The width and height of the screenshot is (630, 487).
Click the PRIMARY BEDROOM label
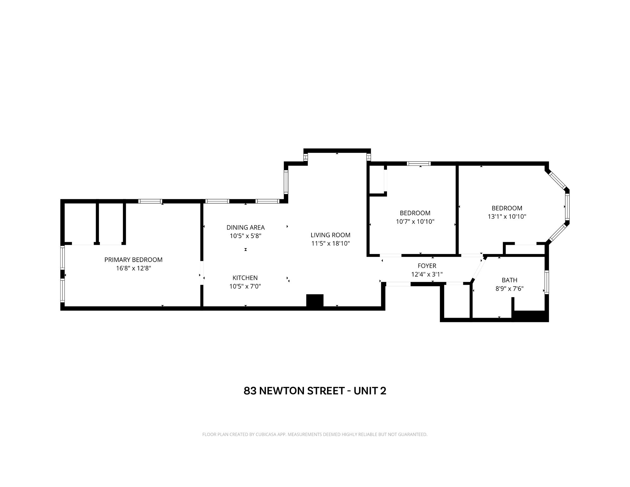133,260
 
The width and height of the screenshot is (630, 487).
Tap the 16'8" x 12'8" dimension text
133,268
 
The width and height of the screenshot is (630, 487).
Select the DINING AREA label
246,227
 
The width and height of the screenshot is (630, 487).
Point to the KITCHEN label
245,278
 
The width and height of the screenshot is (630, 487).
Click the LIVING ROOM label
331,235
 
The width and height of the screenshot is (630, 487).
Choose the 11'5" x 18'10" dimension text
331,243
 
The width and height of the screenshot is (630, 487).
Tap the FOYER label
427,266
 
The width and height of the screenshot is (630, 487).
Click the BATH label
510,280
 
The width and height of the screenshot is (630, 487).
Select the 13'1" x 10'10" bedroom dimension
507,217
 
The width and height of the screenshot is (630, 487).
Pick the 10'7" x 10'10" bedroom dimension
415,222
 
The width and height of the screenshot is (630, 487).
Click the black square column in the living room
315,300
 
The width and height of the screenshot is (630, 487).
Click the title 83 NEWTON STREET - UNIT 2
315,391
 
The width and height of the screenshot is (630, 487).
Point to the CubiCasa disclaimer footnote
315,434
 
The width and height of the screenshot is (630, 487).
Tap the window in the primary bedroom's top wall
150,201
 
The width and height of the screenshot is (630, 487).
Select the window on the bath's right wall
547,282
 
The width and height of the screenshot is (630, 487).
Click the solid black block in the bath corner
530,316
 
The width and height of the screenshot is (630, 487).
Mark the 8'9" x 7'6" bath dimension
510,289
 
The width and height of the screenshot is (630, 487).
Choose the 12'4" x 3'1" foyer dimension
427,274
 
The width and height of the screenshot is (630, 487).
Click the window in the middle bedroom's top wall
419,164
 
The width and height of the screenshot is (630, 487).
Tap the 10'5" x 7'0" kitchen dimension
245,286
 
